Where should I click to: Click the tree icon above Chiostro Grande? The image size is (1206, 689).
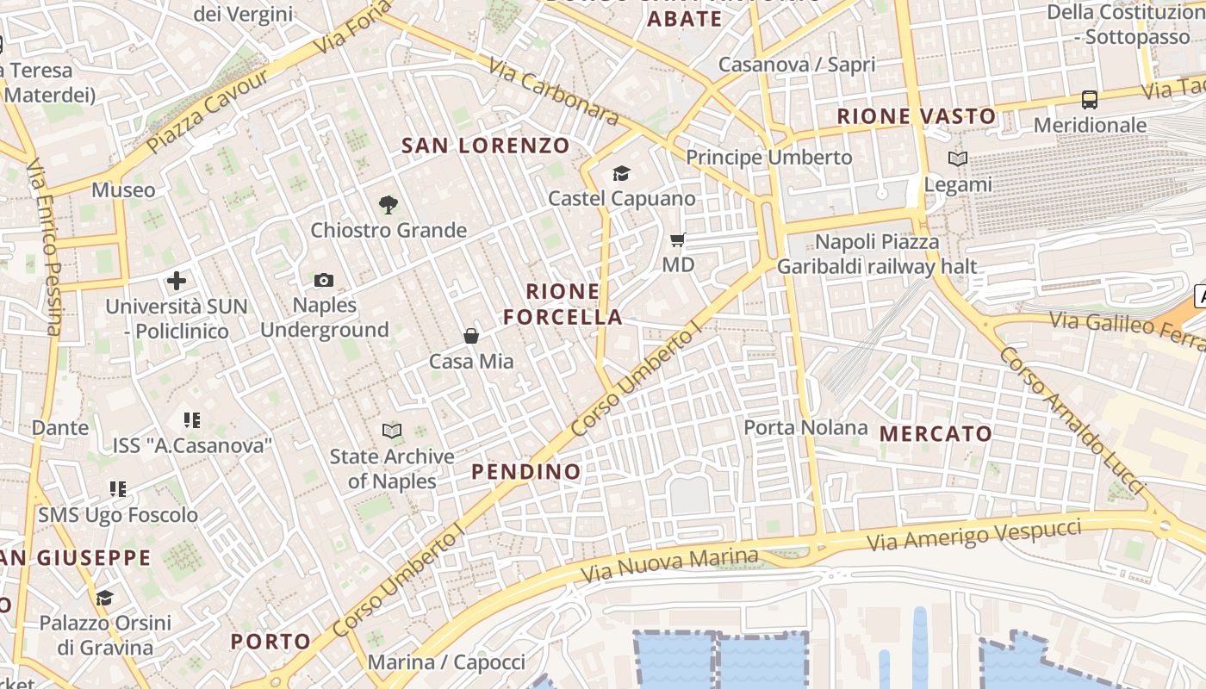pyautogui.click(x=389, y=205)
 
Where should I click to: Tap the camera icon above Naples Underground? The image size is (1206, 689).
pyautogui.click(x=324, y=280)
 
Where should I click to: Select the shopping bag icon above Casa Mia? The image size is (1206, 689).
pyautogui.click(x=471, y=336)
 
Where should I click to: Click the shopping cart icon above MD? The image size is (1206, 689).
pyautogui.click(x=678, y=239)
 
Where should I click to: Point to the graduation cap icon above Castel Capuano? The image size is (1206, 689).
pyautogui.click(x=621, y=174)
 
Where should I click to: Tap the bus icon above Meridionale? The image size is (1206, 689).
pyautogui.click(x=1090, y=100)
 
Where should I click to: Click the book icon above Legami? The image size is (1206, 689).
pyautogui.click(x=957, y=159)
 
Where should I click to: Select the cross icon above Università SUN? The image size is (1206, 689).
pyautogui.click(x=177, y=281)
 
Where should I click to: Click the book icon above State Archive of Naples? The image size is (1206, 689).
pyautogui.click(x=392, y=431)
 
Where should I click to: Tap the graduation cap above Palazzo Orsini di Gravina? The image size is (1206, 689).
pyautogui.click(x=105, y=598)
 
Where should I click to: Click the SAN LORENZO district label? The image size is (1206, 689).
pyautogui.click(x=486, y=146)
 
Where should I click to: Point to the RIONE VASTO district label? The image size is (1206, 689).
pyautogui.click(x=917, y=116)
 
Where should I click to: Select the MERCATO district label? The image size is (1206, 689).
pyautogui.click(x=936, y=434)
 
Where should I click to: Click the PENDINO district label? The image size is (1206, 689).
pyautogui.click(x=526, y=472)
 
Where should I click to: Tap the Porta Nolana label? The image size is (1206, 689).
pyautogui.click(x=805, y=427)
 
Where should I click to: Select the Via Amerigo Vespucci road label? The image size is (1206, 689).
pyautogui.click(x=973, y=536)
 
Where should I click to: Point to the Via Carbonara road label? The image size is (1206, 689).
pyautogui.click(x=553, y=90)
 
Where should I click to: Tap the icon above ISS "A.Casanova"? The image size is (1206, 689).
pyautogui.click(x=192, y=420)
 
